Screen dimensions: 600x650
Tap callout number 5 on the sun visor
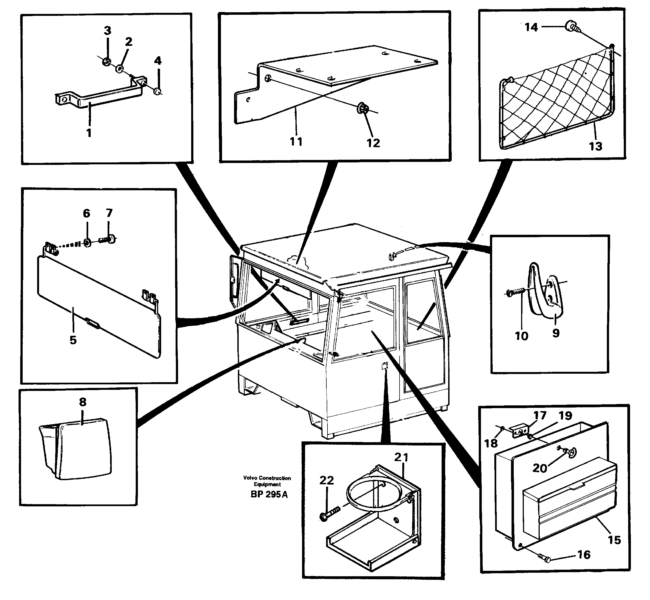pyautogui.click(x=73, y=340)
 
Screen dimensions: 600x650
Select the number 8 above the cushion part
pyautogui.click(x=83, y=402)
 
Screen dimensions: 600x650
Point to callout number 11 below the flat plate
pyautogui.click(x=296, y=142)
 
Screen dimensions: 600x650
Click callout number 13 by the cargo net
pyautogui.click(x=595, y=146)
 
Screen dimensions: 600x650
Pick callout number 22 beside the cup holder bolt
pyautogui.click(x=326, y=480)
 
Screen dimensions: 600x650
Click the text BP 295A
pyautogui.click(x=269, y=494)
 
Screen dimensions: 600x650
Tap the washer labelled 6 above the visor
pyautogui.click(x=87, y=242)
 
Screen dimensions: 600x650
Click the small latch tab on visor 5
pyautogui.click(x=93, y=323)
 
